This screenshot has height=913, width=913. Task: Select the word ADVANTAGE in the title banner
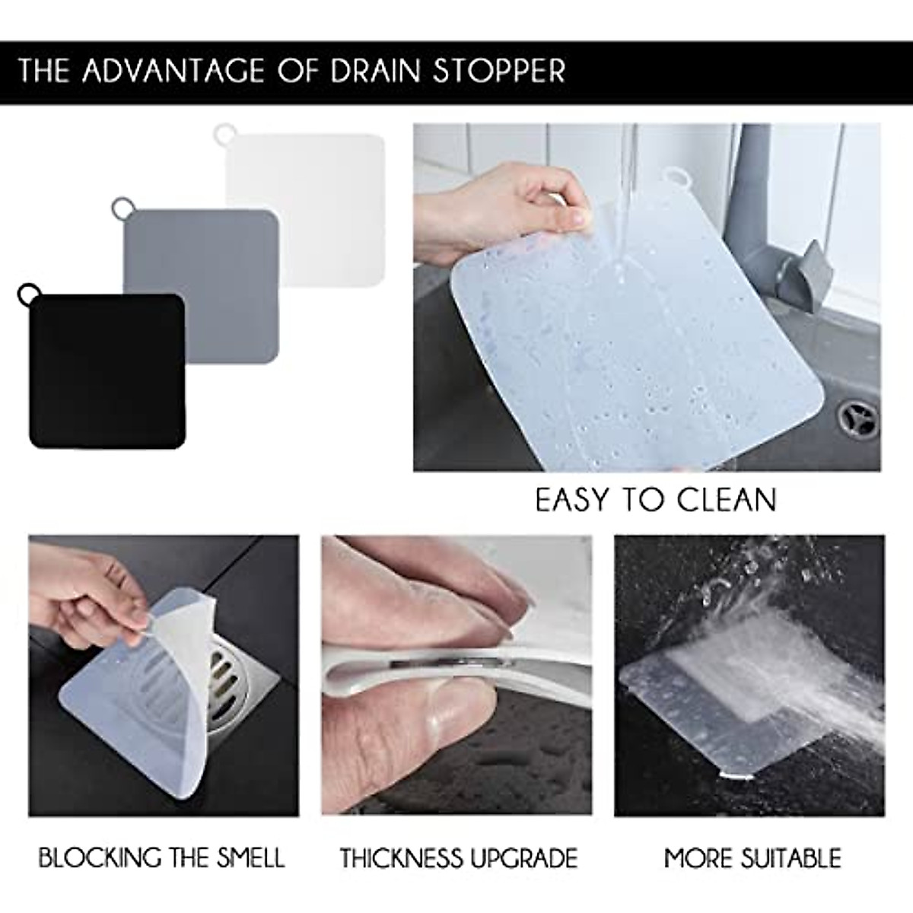click(x=176, y=70)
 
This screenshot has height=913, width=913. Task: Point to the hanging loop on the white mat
click(x=222, y=133)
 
